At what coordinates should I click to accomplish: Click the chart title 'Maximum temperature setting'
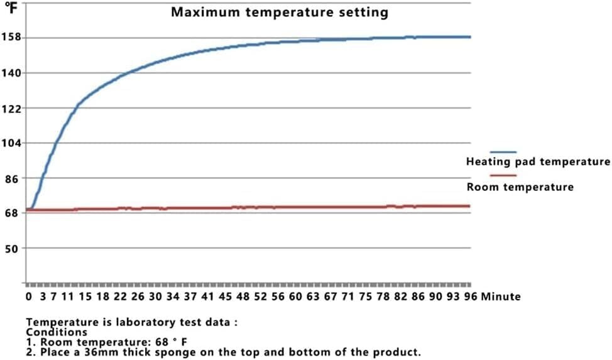click(280, 13)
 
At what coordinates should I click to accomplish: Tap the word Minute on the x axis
click(501, 296)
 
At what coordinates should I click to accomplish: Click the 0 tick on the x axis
click(28, 296)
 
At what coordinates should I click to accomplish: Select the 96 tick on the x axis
click(469, 296)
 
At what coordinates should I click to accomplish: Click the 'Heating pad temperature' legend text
click(538, 162)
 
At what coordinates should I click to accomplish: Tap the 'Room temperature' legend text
click(520, 187)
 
